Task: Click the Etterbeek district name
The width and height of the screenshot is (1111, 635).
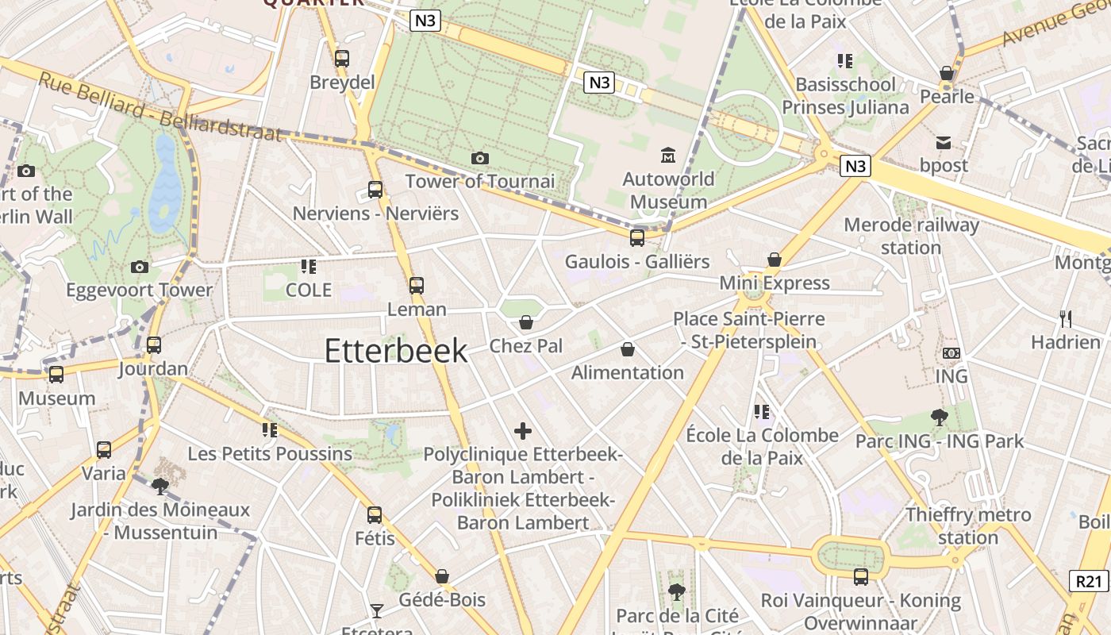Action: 396,351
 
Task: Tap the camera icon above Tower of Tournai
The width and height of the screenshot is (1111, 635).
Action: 479,159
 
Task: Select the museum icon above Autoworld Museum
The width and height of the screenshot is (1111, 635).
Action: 668,155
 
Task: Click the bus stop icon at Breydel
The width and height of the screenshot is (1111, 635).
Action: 342,58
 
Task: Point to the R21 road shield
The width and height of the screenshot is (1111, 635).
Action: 1089,581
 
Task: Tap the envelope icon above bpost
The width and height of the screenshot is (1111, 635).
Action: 944,143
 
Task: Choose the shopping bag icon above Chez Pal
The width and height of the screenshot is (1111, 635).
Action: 525,322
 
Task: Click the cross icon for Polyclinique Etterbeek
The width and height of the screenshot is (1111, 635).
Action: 523,431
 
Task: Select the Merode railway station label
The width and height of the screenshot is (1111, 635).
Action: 911,236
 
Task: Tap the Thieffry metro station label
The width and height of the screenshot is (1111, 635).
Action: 968,525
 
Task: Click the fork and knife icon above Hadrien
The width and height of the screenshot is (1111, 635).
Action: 1066,319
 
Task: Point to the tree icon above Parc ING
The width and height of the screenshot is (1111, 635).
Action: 940,417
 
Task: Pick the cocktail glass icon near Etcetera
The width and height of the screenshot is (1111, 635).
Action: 376,610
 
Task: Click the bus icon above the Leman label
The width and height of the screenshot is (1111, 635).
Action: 417,286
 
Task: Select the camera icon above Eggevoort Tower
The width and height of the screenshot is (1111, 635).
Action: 140,267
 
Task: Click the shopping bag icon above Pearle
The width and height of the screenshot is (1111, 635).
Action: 946,74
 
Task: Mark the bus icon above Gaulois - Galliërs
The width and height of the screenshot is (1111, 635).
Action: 637,238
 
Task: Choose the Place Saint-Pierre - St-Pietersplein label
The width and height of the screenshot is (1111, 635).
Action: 749,330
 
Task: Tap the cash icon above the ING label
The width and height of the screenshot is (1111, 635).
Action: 951,353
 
